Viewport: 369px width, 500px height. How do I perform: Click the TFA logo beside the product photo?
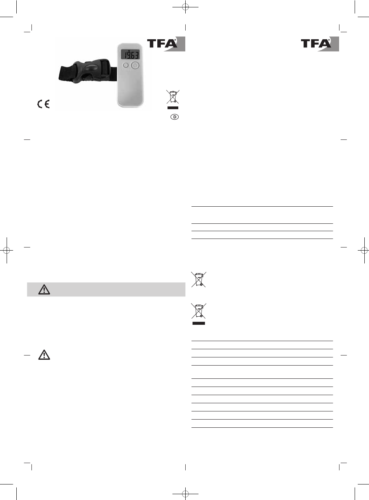tap(166, 44)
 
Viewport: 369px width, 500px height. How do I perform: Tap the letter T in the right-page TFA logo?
tap(306, 44)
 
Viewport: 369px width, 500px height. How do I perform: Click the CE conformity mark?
tap(44, 104)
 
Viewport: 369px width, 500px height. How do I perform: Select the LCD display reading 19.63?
tap(130, 54)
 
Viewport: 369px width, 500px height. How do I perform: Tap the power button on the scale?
tap(135, 65)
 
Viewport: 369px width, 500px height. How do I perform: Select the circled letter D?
tap(174, 117)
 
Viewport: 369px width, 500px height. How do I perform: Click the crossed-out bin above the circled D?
tap(173, 97)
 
